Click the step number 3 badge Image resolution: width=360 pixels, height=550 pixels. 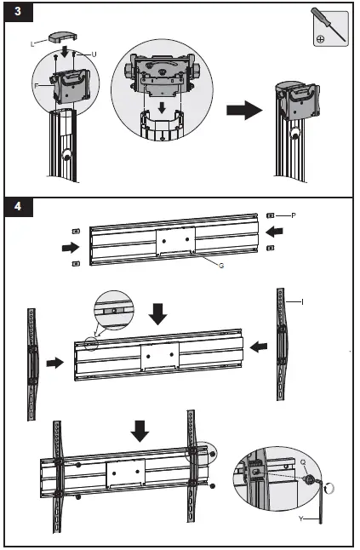click(18, 12)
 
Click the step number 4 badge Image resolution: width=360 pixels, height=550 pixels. click(18, 207)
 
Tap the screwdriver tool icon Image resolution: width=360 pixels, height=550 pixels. click(330, 27)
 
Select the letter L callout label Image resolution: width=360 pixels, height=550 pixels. click(32, 44)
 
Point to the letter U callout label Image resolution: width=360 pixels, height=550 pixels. click(94, 54)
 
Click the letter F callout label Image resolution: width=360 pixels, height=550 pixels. click(36, 86)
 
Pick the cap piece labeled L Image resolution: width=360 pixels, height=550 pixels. click(64, 37)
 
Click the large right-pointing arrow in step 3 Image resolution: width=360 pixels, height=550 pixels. click(244, 110)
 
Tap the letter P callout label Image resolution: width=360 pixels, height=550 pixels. click(294, 215)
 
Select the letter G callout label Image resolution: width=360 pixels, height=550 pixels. click(221, 266)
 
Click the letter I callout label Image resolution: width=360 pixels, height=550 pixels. click(302, 302)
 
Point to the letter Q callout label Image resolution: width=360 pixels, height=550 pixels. click(303, 462)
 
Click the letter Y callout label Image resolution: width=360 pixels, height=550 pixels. click(300, 518)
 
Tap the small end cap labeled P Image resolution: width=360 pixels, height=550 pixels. click(271, 215)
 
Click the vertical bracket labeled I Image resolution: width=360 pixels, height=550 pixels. click(281, 345)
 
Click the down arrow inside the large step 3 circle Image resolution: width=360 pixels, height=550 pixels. click(162, 107)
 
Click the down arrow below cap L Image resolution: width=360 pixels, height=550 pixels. click(64, 52)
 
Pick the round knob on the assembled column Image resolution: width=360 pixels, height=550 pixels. click(295, 134)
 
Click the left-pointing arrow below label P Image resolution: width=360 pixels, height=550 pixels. click(274, 232)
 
